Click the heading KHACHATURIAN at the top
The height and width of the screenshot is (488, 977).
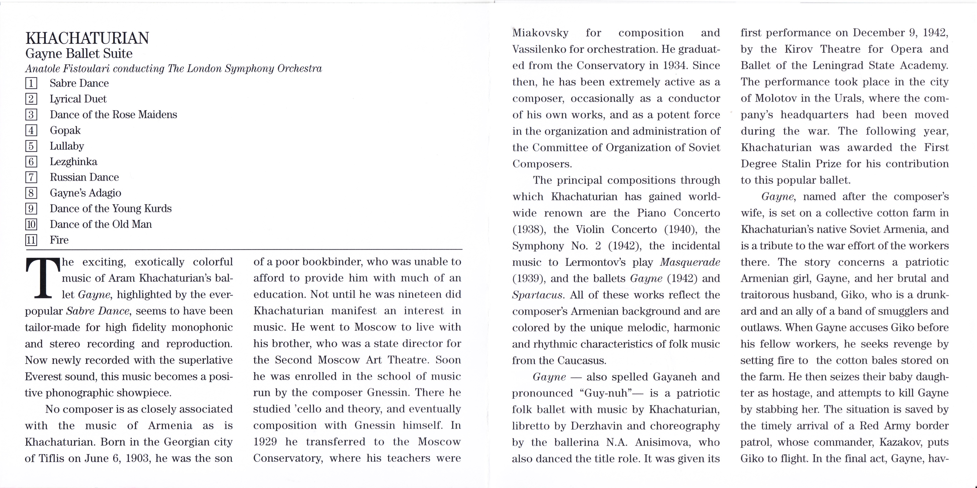(x=87, y=38)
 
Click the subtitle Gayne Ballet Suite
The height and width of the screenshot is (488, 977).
(x=79, y=54)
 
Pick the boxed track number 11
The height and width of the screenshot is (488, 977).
(x=31, y=240)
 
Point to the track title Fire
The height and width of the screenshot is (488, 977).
(x=59, y=240)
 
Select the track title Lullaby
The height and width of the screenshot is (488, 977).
(x=67, y=146)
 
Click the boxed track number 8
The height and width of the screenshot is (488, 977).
(x=31, y=193)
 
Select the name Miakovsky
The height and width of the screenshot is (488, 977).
(x=540, y=33)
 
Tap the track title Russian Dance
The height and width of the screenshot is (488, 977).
(x=84, y=177)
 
